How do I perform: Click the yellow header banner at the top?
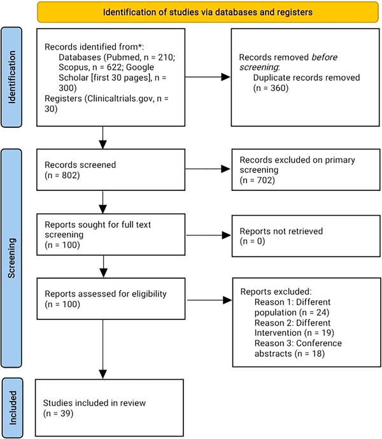coord(208,12)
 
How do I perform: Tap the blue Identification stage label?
coord(11,77)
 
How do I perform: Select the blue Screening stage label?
coord(11,258)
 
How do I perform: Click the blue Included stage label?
coord(13,408)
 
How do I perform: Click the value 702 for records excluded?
coord(264,180)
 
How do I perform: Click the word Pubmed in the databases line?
coord(123,57)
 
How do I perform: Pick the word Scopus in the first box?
coord(73,67)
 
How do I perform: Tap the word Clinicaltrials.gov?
coord(120,99)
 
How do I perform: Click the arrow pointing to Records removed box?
coord(208,77)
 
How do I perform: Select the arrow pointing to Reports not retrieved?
coord(209,235)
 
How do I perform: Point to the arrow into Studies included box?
coord(103,349)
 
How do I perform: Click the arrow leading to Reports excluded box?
coord(209,300)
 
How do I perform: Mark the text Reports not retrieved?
coord(281,231)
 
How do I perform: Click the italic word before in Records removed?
coord(325,57)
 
